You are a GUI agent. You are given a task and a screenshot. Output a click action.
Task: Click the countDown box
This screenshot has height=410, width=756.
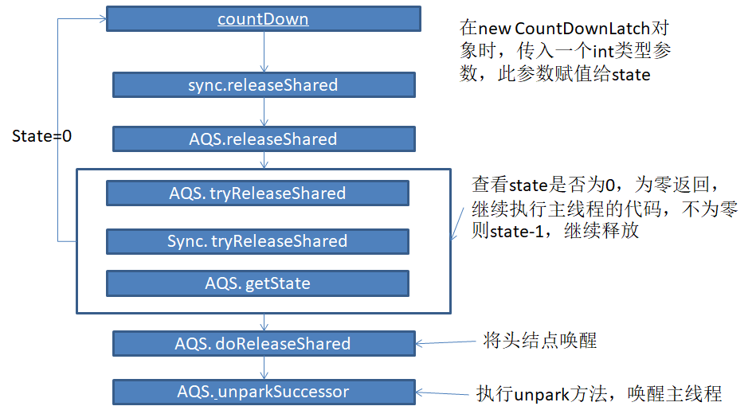pyautogui.click(x=264, y=19)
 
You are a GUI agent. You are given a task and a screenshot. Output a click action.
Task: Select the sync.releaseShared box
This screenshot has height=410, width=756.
pyautogui.click(x=264, y=85)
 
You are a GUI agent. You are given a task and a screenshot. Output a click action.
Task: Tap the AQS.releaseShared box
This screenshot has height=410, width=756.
pyautogui.click(x=264, y=139)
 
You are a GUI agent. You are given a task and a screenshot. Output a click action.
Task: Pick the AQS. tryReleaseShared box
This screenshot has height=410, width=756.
pyautogui.click(x=257, y=193)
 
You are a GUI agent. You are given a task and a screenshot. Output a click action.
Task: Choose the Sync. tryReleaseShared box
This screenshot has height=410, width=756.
pyautogui.click(x=257, y=241)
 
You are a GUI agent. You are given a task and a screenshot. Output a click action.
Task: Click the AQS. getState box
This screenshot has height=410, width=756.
pyautogui.click(x=257, y=283)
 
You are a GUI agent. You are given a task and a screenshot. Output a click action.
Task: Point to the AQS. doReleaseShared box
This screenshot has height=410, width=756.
pyautogui.click(x=264, y=344)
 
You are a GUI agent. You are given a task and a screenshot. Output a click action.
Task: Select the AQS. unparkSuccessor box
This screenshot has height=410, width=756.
pyautogui.click(x=264, y=392)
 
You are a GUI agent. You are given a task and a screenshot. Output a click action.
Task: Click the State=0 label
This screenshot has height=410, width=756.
pyautogui.click(x=42, y=136)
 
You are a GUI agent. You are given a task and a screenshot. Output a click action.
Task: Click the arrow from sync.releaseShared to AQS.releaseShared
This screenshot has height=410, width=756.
pyautogui.click(x=264, y=112)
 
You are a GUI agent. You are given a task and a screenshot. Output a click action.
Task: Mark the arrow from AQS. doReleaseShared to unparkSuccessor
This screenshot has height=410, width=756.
pyautogui.click(x=264, y=368)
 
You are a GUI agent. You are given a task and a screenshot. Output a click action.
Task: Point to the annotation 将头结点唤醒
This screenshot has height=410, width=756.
pyautogui.click(x=539, y=342)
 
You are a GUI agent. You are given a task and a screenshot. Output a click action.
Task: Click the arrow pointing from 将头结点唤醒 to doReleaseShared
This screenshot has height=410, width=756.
pyautogui.click(x=448, y=343)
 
